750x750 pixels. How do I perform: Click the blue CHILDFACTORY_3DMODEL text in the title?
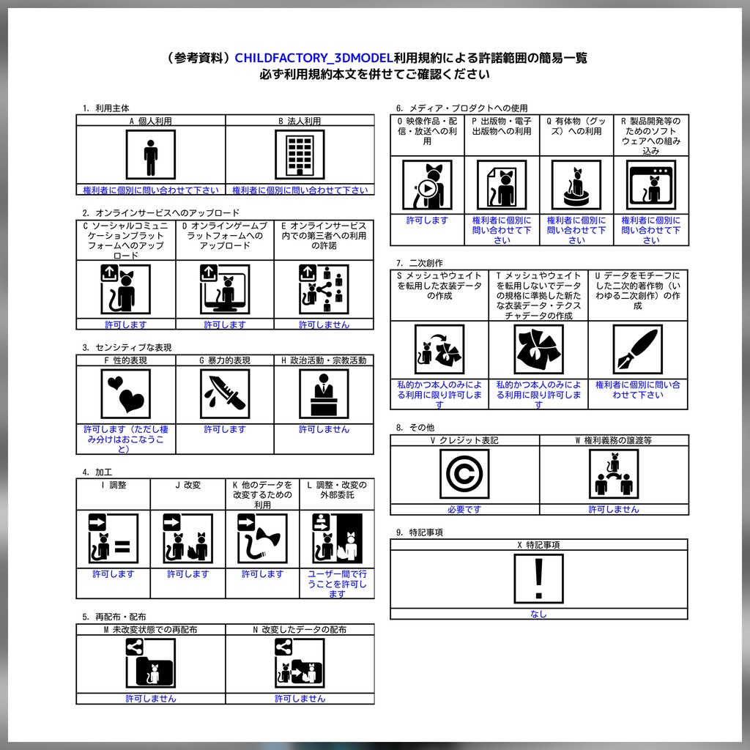pyautogui.click(x=313, y=58)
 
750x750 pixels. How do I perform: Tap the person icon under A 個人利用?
pyautogui.click(x=151, y=155)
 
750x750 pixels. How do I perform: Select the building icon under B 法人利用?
pyautogui.click(x=300, y=155)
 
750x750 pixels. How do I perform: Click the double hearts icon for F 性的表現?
pyautogui.click(x=126, y=394)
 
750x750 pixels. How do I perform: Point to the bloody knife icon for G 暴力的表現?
pyautogui.click(x=225, y=394)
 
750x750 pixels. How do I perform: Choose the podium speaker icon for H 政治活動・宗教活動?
pyautogui.click(x=324, y=394)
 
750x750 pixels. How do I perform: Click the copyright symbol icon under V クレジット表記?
pyautogui.click(x=464, y=474)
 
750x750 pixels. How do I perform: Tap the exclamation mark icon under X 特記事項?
pyautogui.click(x=538, y=579)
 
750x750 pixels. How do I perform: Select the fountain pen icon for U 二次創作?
pyautogui.click(x=638, y=349)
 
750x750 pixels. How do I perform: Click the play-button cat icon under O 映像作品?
pyautogui.click(x=427, y=185)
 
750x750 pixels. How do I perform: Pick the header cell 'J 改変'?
pyautogui.click(x=187, y=485)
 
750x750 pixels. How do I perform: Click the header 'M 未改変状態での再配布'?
pyautogui.click(x=151, y=629)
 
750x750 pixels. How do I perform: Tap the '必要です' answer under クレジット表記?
pyautogui.click(x=464, y=510)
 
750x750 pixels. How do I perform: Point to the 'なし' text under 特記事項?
pyautogui.click(x=538, y=615)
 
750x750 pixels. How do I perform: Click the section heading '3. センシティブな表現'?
pyautogui.click(x=127, y=348)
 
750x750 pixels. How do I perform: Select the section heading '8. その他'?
pyautogui.click(x=415, y=428)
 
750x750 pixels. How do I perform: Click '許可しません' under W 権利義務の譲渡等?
pyautogui.click(x=614, y=510)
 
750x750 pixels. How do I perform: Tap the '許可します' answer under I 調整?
pyautogui.click(x=114, y=574)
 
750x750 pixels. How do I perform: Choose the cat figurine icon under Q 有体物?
pyautogui.click(x=576, y=185)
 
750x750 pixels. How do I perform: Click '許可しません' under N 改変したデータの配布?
pyautogui.click(x=300, y=699)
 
